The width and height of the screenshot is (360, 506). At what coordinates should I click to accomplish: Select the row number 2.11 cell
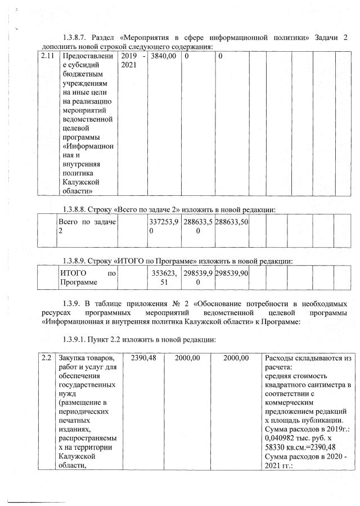[48, 56]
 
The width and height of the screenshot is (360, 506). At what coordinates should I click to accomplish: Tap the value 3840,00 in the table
[164, 56]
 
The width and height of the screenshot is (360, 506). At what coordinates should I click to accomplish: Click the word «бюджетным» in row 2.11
[83, 75]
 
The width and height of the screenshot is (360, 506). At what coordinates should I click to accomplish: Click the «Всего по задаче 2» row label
[87, 226]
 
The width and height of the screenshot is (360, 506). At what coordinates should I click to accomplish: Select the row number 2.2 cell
[47, 358]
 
